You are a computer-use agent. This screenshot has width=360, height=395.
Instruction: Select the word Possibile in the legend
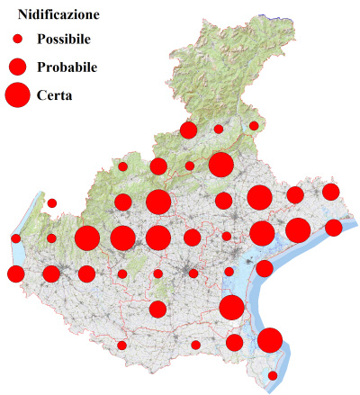pos(68,40)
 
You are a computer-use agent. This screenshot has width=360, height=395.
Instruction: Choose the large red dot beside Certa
pos(18,94)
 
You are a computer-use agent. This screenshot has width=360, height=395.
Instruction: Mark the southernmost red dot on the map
pos(274,376)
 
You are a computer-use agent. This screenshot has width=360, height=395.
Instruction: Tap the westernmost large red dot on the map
pos(87,238)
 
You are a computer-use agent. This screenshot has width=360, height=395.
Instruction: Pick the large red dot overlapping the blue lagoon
pos(232,308)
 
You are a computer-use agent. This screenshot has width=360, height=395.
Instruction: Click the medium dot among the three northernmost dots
pos(188,130)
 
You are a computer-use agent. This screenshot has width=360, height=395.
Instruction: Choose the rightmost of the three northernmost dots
pos(254,126)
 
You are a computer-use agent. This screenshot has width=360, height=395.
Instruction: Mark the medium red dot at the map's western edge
pos(15,274)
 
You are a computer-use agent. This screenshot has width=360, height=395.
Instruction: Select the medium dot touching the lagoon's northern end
pos(265,268)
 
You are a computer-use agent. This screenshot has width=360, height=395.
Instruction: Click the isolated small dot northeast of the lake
pos(52,203)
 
